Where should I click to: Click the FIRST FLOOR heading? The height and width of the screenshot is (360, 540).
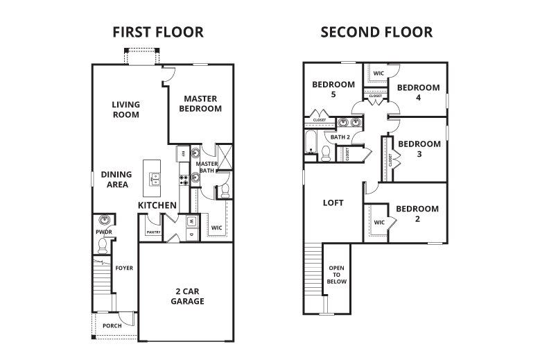point(158,32)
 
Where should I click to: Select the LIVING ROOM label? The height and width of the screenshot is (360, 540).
point(126,110)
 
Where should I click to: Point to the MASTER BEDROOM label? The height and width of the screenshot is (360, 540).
point(200,103)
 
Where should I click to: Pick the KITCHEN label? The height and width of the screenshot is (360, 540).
point(157,206)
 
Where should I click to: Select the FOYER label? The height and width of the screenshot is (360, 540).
point(124,268)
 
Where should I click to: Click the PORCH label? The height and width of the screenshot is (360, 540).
point(112,325)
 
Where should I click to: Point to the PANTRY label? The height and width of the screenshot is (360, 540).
point(153,233)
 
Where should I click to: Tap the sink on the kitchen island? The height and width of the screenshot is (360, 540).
point(155,178)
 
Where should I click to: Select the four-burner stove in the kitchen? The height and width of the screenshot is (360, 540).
point(184,179)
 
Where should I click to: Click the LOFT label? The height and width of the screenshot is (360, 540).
point(333,203)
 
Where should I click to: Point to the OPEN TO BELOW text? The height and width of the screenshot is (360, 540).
point(337,275)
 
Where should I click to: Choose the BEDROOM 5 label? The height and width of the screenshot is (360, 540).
point(333,89)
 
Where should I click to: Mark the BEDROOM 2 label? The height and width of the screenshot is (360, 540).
point(417,214)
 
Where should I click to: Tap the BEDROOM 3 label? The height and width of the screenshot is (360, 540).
point(419,149)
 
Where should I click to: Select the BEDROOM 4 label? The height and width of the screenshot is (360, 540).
point(418,92)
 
